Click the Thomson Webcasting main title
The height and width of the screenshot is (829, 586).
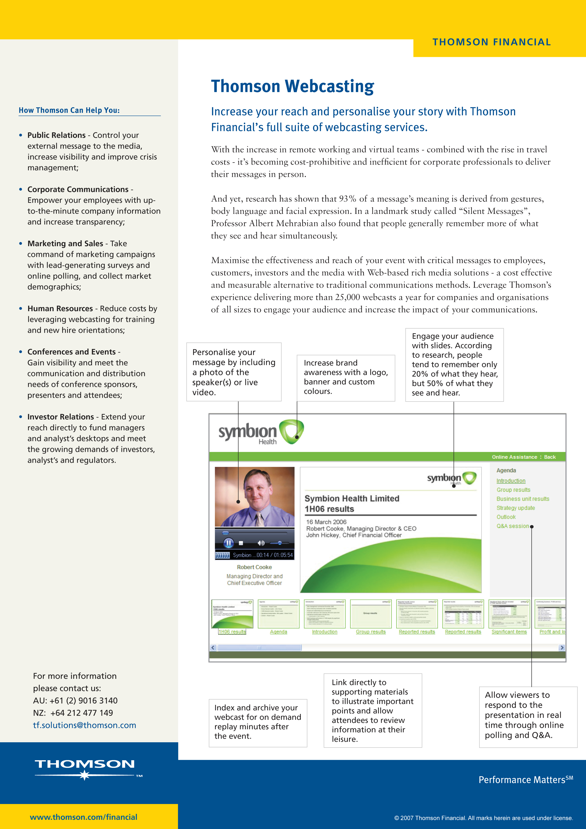pos(293,87)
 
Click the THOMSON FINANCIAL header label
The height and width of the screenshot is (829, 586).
pos(492,42)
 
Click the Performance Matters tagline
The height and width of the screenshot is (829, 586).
pos(525,780)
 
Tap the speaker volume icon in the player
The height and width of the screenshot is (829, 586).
pos(261,543)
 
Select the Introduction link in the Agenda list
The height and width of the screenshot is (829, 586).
pos(511,481)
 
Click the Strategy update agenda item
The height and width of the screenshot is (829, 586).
pos(515,508)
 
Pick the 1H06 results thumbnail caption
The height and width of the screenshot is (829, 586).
pos(232,632)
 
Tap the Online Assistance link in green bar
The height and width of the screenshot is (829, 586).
pos(514,457)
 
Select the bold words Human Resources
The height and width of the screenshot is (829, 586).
pos(60,308)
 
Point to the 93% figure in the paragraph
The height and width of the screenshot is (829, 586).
pos(347,199)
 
